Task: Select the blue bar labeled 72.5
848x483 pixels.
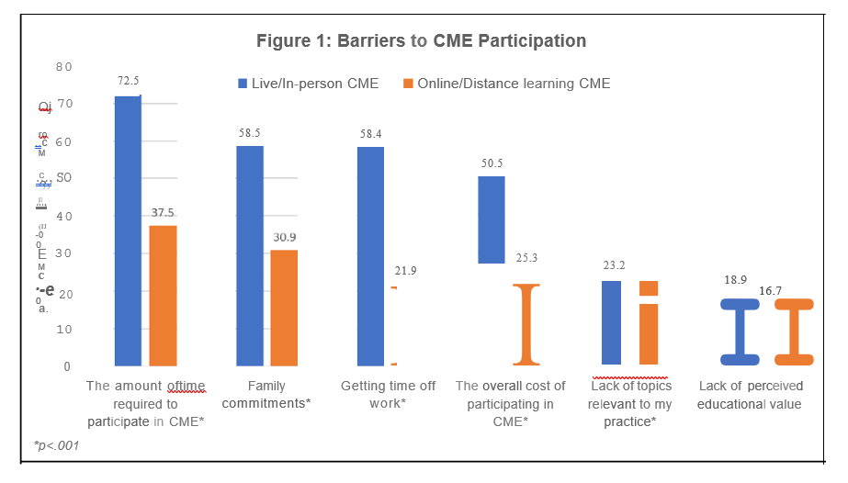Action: click(x=128, y=230)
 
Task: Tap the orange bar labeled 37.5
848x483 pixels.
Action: click(x=163, y=296)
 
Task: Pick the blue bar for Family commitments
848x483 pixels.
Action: click(x=250, y=255)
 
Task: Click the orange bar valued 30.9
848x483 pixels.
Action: click(x=285, y=308)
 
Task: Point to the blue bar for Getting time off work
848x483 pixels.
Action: click(x=371, y=255)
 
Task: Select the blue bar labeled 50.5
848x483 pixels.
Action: click(x=492, y=219)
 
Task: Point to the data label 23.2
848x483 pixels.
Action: click(x=609, y=264)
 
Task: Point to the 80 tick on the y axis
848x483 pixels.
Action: click(x=63, y=67)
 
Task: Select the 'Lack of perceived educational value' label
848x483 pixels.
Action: click(x=750, y=395)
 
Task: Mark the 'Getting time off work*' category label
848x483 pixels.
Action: click(x=388, y=395)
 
